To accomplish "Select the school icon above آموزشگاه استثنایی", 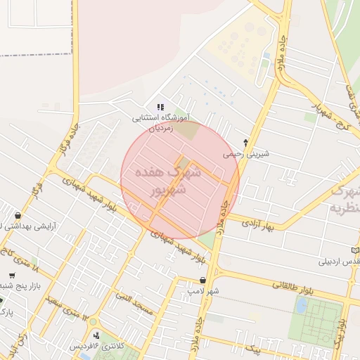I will coord(161,107).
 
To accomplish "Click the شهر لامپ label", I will coord(203,290).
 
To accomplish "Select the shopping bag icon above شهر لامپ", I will coord(202,280).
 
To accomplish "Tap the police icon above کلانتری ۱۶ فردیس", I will coord(96,335).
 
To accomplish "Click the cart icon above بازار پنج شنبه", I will coord(12,275).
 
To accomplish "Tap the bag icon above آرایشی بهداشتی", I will coord(17,215).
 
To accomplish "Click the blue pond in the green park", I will coord(302,306).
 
